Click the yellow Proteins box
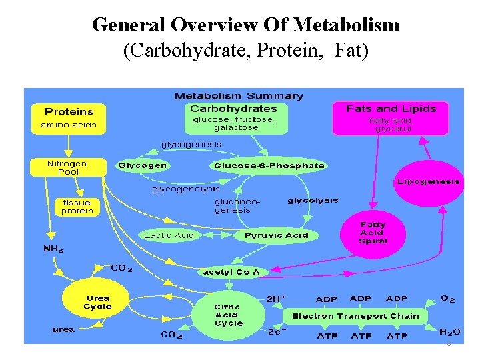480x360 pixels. point(68,117)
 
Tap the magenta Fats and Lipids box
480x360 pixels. point(391,117)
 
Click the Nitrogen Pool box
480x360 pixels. point(67,167)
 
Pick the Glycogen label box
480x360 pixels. point(143,165)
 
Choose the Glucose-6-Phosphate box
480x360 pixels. point(269,165)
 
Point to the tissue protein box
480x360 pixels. point(77,207)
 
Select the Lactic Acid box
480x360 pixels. point(169,235)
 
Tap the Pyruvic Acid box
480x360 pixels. point(276,235)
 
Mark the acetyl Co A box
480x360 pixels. point(231,271)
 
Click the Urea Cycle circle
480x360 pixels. point(97,303)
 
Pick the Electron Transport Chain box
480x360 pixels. point(355,316)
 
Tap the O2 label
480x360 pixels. point(448,299)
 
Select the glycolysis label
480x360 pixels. point(313,200)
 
